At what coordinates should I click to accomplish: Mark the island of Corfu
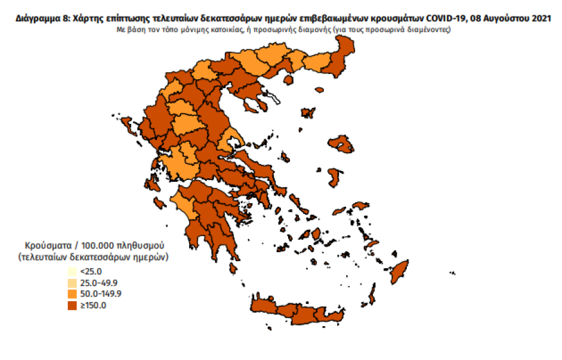pyautogui.click(x=125, y=123)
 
